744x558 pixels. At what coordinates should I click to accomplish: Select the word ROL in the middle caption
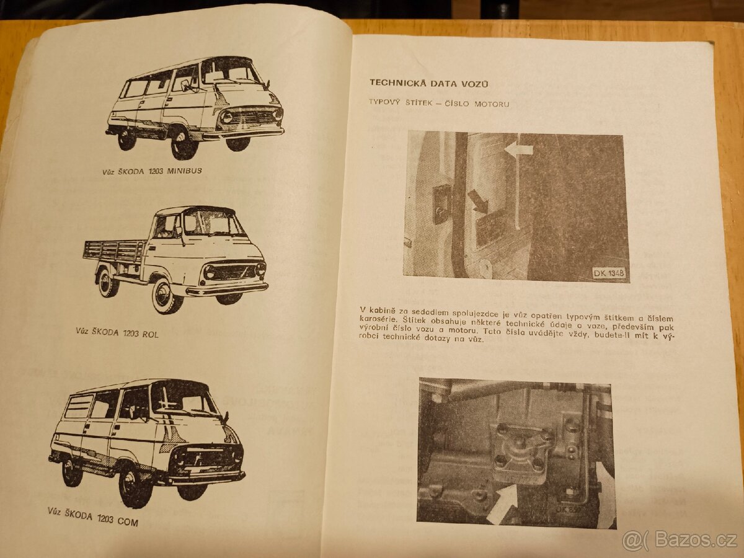149,334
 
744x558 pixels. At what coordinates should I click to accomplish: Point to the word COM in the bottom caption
126,521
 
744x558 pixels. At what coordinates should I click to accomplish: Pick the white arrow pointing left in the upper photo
518,149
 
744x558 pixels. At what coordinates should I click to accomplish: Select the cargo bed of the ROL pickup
115,251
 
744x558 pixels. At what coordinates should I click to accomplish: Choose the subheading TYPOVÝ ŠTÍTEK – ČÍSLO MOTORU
439,104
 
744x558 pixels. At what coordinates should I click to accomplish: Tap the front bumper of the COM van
208,478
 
